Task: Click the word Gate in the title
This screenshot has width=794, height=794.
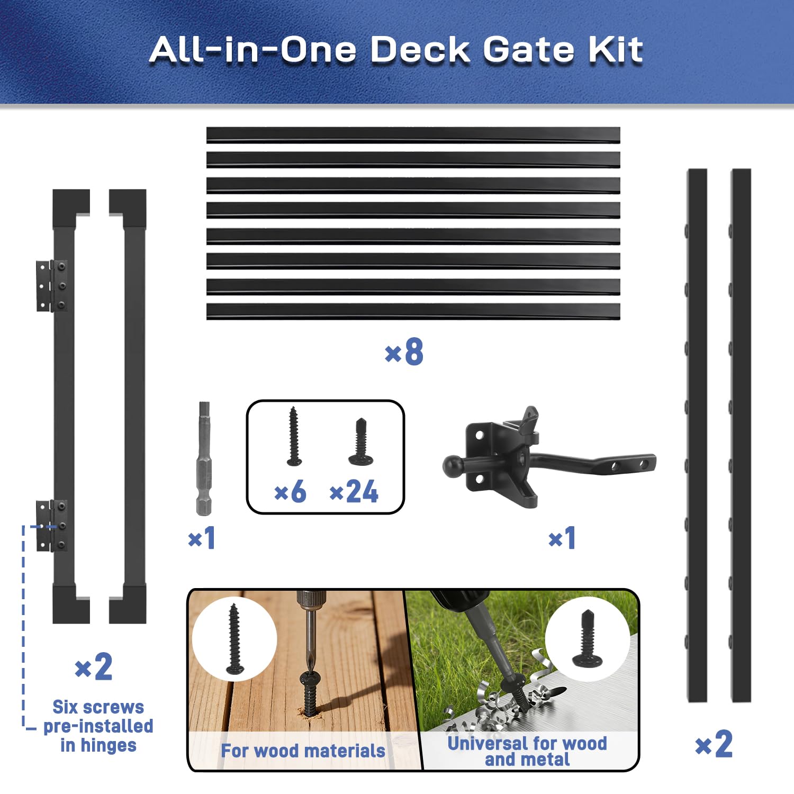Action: point(529,50)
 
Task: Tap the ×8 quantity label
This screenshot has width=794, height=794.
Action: point(404,351)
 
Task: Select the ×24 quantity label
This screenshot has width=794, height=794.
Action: point(354,492)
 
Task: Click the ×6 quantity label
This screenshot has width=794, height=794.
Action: point(290,492)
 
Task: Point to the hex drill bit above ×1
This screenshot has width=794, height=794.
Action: point(204,458)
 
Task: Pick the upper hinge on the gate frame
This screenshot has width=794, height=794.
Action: point(52,285)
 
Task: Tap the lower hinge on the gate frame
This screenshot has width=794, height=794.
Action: point(52,526)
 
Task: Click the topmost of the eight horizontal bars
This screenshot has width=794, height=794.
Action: point(413,135)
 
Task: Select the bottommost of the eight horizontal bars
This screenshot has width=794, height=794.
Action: point(413,311)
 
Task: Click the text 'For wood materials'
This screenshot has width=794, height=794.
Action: point(303,751)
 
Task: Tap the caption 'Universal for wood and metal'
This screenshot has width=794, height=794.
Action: point(527,751)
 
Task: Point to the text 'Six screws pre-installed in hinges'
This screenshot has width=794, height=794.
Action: point(98,726)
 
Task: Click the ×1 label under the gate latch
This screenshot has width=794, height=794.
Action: point(562,538)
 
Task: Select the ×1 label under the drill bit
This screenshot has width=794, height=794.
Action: point(202,538)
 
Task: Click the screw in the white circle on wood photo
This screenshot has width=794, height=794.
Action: point(234,639)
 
